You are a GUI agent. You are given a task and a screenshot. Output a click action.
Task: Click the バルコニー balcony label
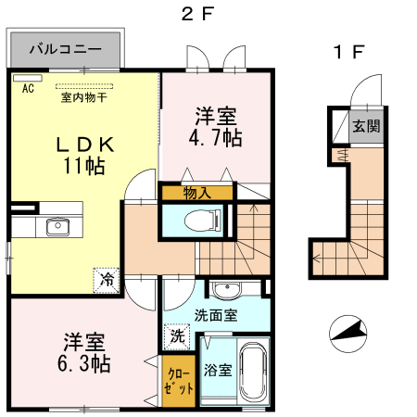(x=64, y=48)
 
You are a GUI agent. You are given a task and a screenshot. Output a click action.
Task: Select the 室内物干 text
(x=82, y=95)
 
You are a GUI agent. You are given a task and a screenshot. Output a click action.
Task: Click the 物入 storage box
(x=196, y=193)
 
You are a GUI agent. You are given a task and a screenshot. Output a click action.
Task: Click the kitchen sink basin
(x=53, y=228)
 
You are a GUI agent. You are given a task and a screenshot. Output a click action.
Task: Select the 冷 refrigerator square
(x=107, y=277)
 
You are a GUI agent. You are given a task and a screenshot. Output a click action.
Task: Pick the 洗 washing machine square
(x=176, y=335)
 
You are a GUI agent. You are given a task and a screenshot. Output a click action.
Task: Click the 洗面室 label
(x=214, y=314)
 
